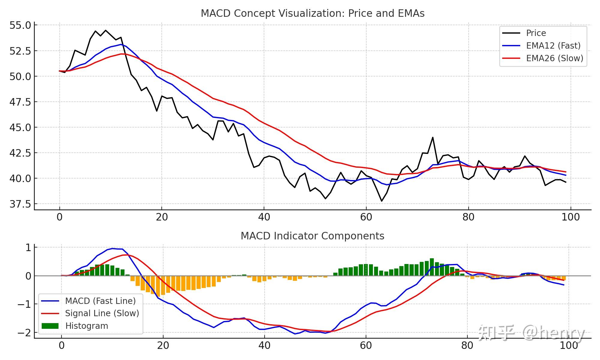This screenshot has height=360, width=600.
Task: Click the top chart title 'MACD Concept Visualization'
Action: click(x=312, y=13)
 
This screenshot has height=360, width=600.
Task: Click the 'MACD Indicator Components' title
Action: click(x=312, y=236)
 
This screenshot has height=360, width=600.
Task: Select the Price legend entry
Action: click(x=536, y=33)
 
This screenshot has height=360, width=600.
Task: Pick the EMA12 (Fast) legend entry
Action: click(x=553, y=46)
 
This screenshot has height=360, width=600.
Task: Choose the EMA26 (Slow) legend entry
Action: click(x=554, y=58)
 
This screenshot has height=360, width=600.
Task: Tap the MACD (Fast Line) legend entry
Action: click(x=100, y=301)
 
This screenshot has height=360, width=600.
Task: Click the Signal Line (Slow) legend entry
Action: click(x=102, y=313)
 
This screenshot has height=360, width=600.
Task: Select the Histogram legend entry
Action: click(x=86, y=326)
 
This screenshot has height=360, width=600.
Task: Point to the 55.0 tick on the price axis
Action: click(x=20, y=25)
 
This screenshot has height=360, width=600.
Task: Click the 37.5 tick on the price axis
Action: click(x=20, y=204)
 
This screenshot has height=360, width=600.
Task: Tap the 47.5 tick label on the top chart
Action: click(x=20, y=102)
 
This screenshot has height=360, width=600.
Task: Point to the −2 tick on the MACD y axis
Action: click(x=24, y=333)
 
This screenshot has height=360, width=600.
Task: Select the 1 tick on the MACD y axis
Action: click(x=28, y=248)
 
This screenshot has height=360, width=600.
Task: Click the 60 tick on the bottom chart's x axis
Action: click(x=366, y=346)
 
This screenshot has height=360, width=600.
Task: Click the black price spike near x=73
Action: click(x=433, y=138)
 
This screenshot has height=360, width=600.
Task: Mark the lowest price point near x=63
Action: click(x=382, y=201)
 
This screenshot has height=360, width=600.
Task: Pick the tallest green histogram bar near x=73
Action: click(x=432, y=267)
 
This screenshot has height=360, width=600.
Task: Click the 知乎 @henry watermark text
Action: click(x=531, y=333)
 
